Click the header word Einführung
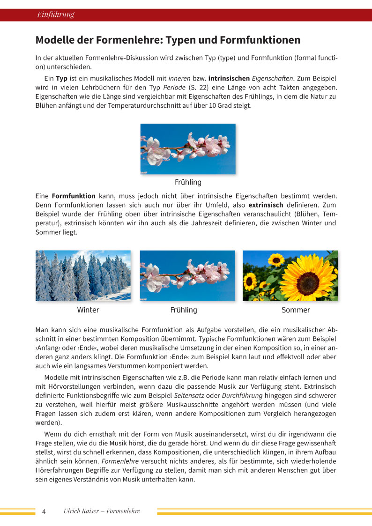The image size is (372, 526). [56, 15]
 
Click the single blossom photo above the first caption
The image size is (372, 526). [188, 149]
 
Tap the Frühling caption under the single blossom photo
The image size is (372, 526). [188, 182]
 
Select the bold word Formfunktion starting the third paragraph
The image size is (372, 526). [74, 196]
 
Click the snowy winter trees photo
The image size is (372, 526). [83, 275]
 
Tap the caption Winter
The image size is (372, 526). [88, 310]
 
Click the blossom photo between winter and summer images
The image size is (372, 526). [187, 275]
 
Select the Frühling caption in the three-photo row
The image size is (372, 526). [184, 310]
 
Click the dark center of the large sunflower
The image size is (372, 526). [307, 281]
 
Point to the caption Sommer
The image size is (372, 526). [296, 310]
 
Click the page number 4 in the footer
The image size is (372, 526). [44, 511]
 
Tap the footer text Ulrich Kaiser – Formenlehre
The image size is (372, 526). [102, 511]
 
